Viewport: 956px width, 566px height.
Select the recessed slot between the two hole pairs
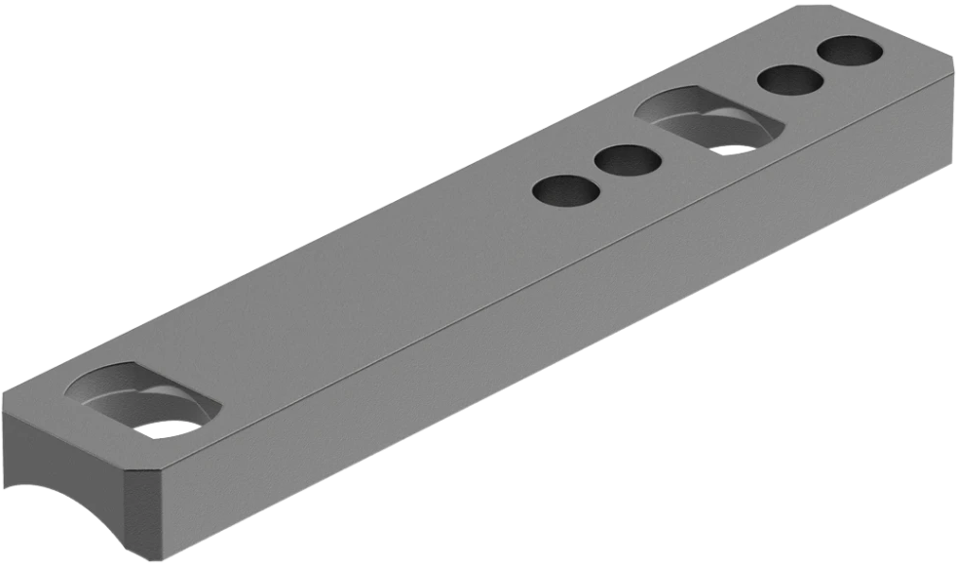(x=708, y=120)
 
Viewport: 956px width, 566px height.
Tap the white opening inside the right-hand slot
(x=733, y=148)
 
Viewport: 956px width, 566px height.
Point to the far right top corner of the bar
(x=954, y=79)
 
